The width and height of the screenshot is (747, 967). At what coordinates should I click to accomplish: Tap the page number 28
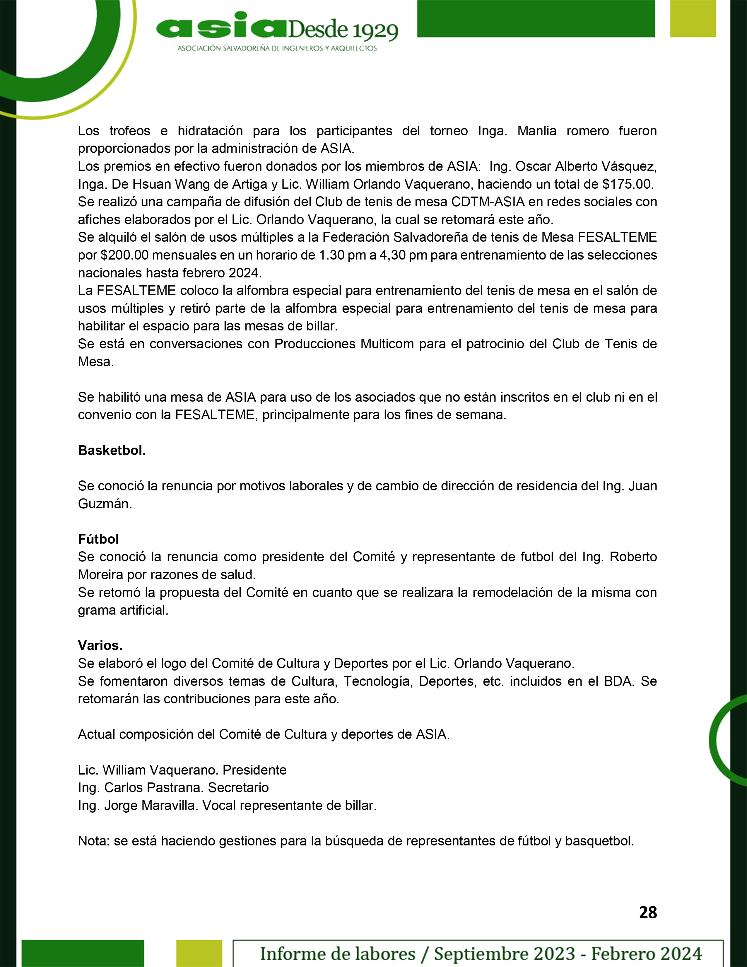coord(648,912)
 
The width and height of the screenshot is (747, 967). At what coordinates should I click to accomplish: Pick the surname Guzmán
coord(105,504)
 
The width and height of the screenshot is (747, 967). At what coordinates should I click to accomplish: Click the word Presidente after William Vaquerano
coord(254,770)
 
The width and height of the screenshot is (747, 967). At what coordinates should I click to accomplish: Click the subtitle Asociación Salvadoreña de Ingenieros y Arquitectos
coord(277,48)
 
